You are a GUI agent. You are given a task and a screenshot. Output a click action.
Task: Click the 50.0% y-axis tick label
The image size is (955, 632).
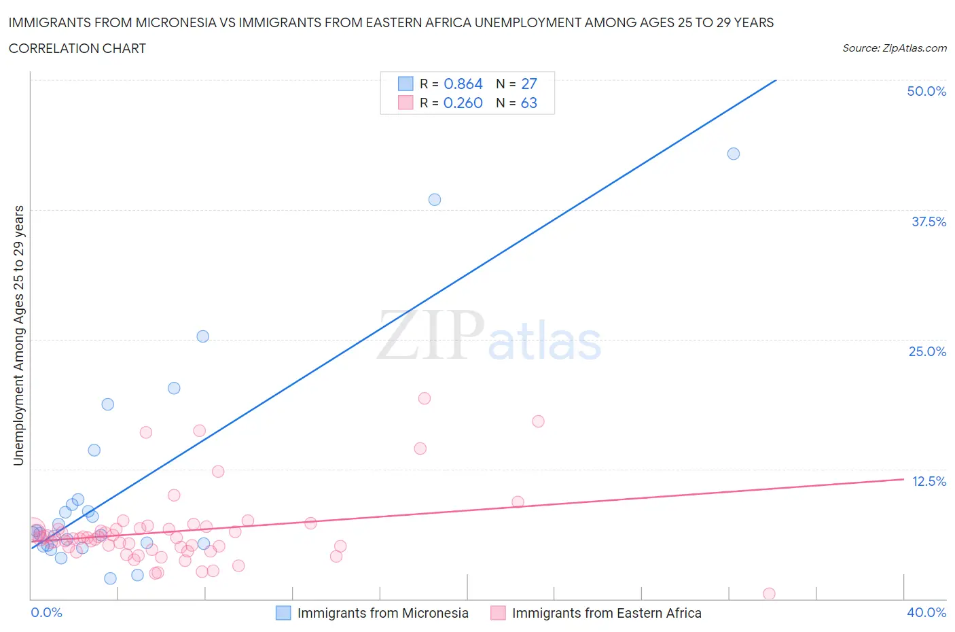pos(926,91)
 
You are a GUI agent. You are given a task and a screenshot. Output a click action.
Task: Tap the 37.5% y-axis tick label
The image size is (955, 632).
pos(929,222)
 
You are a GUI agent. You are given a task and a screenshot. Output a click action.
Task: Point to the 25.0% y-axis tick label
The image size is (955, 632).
pos(927,351)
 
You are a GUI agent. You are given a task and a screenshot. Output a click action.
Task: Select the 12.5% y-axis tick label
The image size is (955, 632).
pos(929,481)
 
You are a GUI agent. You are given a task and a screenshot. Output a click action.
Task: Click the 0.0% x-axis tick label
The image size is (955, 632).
pos(46,612)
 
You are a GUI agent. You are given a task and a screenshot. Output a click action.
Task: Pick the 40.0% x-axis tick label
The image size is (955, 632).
pos(926,612)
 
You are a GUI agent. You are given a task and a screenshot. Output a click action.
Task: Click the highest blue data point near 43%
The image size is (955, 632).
pos(734,154)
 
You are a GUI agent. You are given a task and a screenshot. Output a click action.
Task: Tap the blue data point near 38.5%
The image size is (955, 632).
pos(435,200)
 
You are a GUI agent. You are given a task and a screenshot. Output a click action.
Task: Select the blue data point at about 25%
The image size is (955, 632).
pos(202,336)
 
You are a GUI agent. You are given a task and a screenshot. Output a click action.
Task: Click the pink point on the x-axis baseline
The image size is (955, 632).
pos(769,593)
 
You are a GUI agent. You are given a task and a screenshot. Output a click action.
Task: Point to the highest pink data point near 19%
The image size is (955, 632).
pos(425,398)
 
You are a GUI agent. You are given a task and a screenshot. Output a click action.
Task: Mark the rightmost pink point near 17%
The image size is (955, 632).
pos(538,421)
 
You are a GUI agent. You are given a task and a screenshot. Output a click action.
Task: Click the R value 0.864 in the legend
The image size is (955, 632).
pos(463,84)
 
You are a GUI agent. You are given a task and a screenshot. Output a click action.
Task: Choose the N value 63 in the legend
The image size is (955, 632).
pos(528,103)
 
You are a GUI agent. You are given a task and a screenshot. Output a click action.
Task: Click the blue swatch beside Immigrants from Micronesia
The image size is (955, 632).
pos(283,613)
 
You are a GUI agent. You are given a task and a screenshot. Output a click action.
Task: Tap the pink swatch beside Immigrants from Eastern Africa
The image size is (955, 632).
pos(498,613)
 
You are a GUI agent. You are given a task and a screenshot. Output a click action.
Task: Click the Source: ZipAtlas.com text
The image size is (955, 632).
pos(894,48)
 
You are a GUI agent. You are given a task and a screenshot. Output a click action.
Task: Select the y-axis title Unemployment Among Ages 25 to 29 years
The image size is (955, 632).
pos(18,335)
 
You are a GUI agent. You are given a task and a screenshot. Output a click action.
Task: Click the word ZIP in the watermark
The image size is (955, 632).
pos(430,335)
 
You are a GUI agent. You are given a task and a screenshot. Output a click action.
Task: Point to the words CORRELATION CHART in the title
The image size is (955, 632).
pos(77,48)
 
